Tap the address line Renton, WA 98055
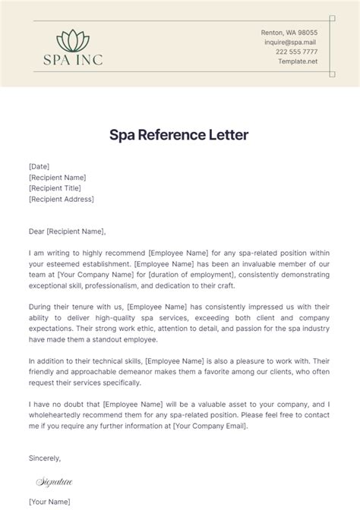tap(289, 33)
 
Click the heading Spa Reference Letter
tap(179, 136)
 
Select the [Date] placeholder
tap(39, 166)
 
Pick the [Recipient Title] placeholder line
tap(54, 187)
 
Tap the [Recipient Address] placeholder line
tap(61, 199)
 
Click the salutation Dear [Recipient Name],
tap(67, 231)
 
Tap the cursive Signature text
tap(54, 480)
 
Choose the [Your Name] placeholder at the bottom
tap(49, 501)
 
